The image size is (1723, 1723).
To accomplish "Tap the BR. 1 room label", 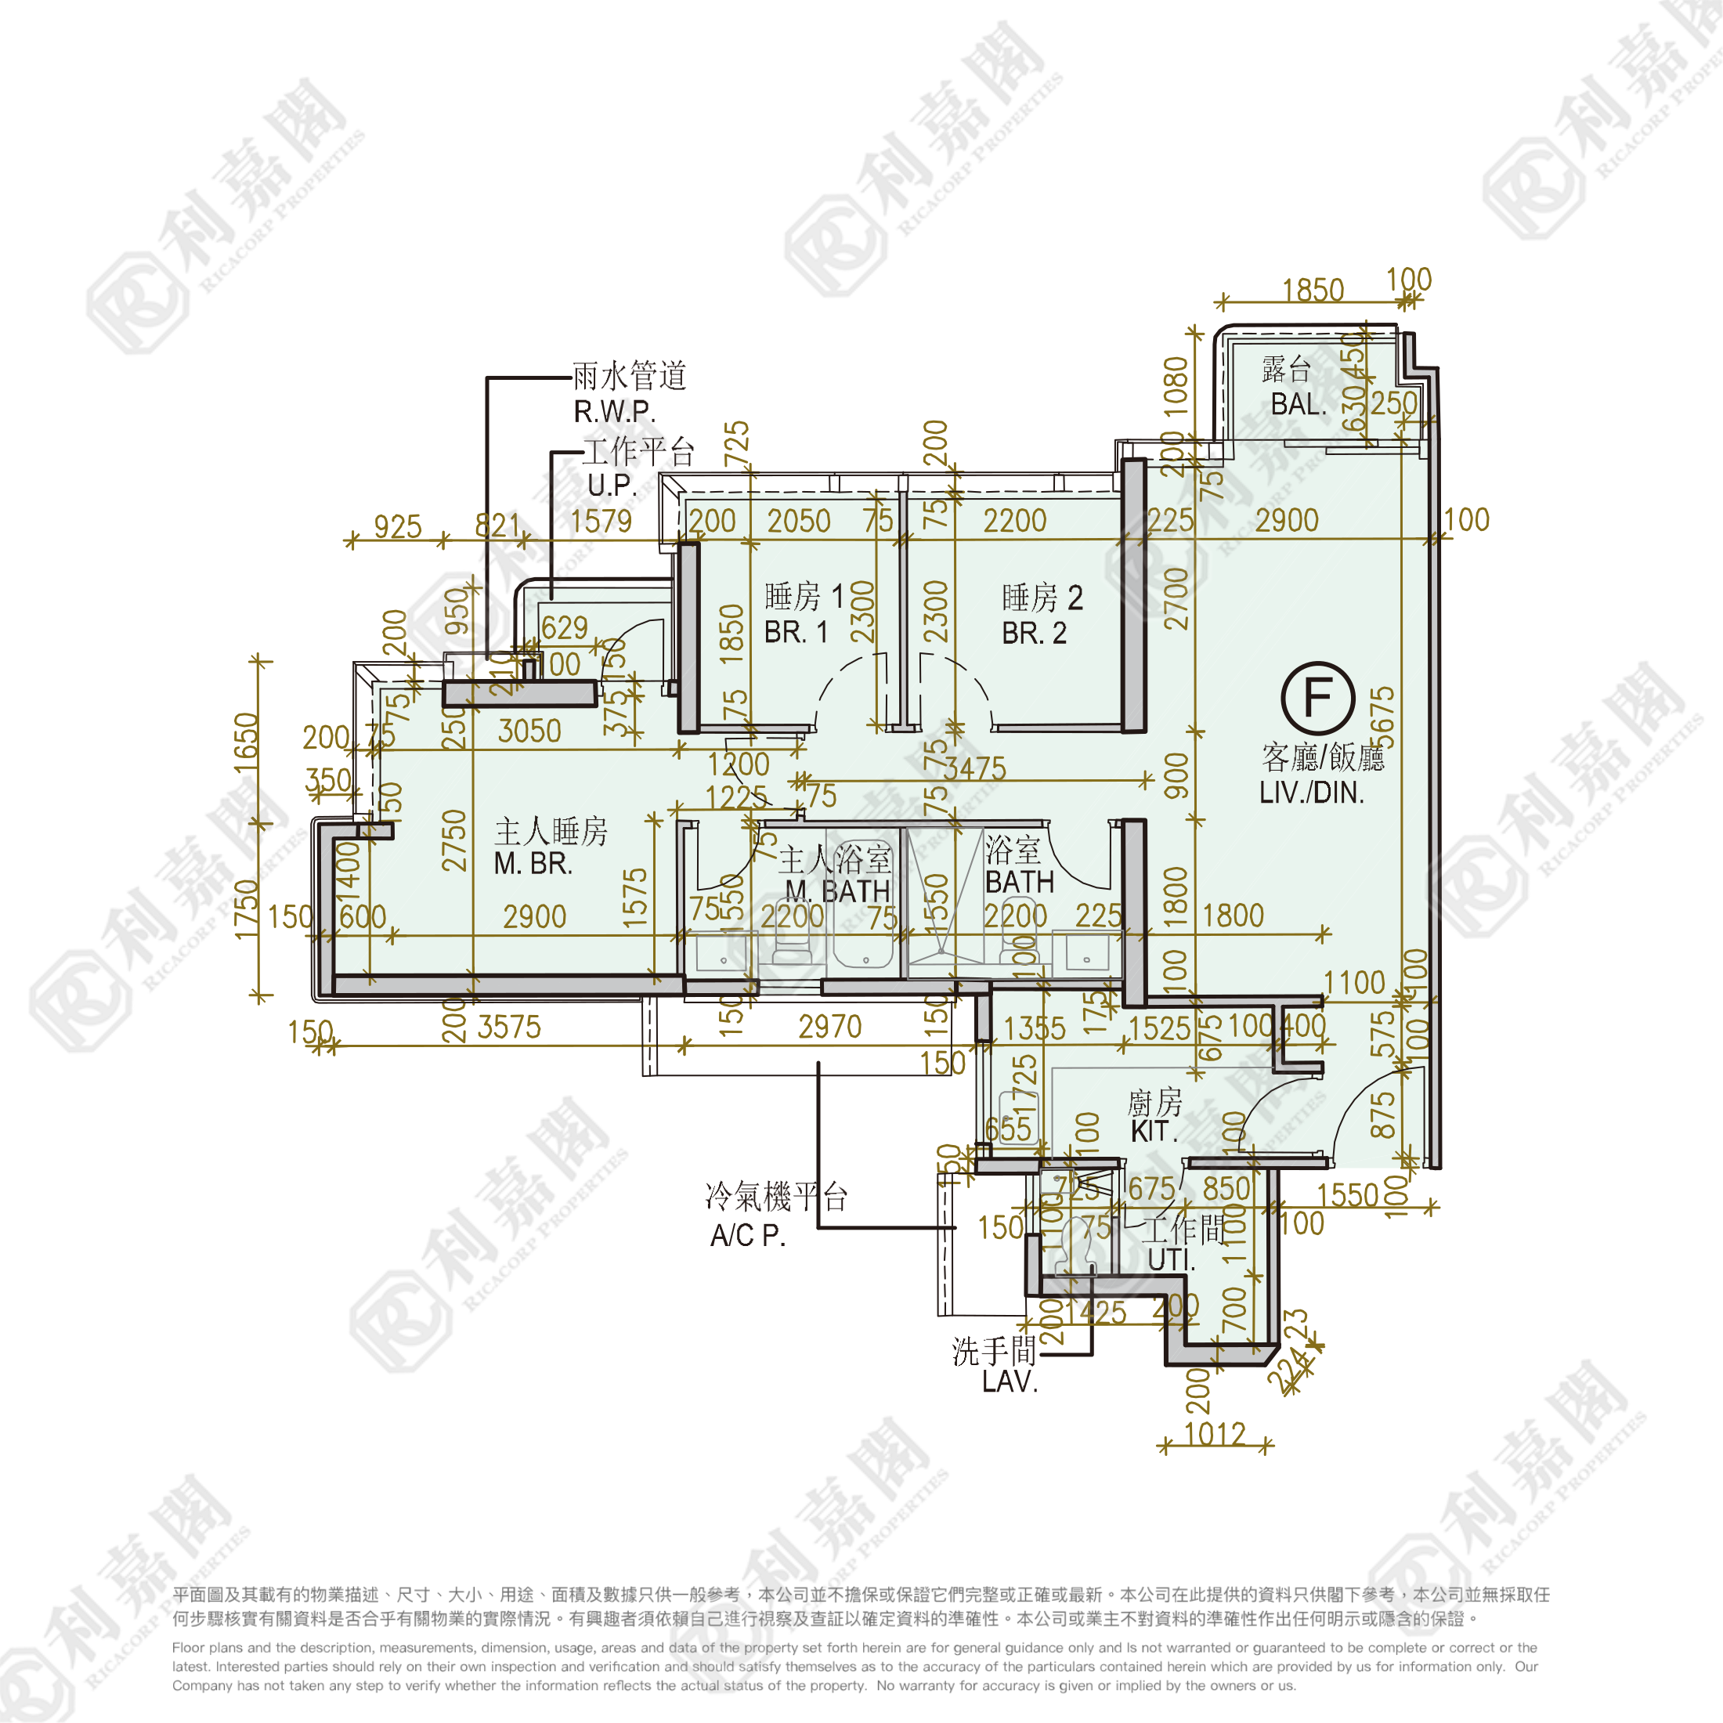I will tap(796, 631).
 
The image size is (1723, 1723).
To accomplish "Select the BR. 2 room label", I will tap(1034, 632).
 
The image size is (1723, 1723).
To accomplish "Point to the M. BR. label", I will tap(533, 863).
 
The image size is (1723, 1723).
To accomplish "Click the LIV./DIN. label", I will tap(1311, 792).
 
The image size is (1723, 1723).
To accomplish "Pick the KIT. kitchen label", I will tap(1154, 1131).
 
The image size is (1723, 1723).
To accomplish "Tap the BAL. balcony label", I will tap(1298, 404).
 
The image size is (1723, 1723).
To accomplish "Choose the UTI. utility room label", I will tap(1171, 1260).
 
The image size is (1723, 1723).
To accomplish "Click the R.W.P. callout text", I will tap(615, 411).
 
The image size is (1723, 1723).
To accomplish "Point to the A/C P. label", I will tap(747, 1235).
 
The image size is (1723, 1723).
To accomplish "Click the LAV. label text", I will tap(1010, 1382).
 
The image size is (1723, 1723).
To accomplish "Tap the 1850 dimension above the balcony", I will tap(1313, 290).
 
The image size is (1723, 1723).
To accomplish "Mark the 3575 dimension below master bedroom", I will tap(508, 1027).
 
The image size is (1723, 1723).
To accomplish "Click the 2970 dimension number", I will tap(829, 1027).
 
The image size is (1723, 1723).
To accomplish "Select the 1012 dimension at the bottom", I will tap(1215, 1433).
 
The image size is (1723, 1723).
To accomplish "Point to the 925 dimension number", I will tap(397, 526).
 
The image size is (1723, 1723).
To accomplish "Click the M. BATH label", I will tap(837, 890).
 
